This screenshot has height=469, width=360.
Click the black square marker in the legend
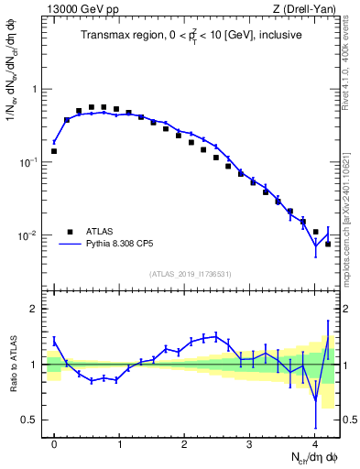pyautogui.click(x=71, y=233)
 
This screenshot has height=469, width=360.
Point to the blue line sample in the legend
pyautogui.click(x=71, y=245)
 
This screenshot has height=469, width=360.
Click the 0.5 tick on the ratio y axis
pyautogui.click(x=30, y=420)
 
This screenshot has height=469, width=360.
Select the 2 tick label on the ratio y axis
pyautogui.click(x=35, y=310)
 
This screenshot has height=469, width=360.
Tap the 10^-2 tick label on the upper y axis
pyautogui.click(x=28, y=235)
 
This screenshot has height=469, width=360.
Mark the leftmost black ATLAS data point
pyautogui.click(x=54, y=151)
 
